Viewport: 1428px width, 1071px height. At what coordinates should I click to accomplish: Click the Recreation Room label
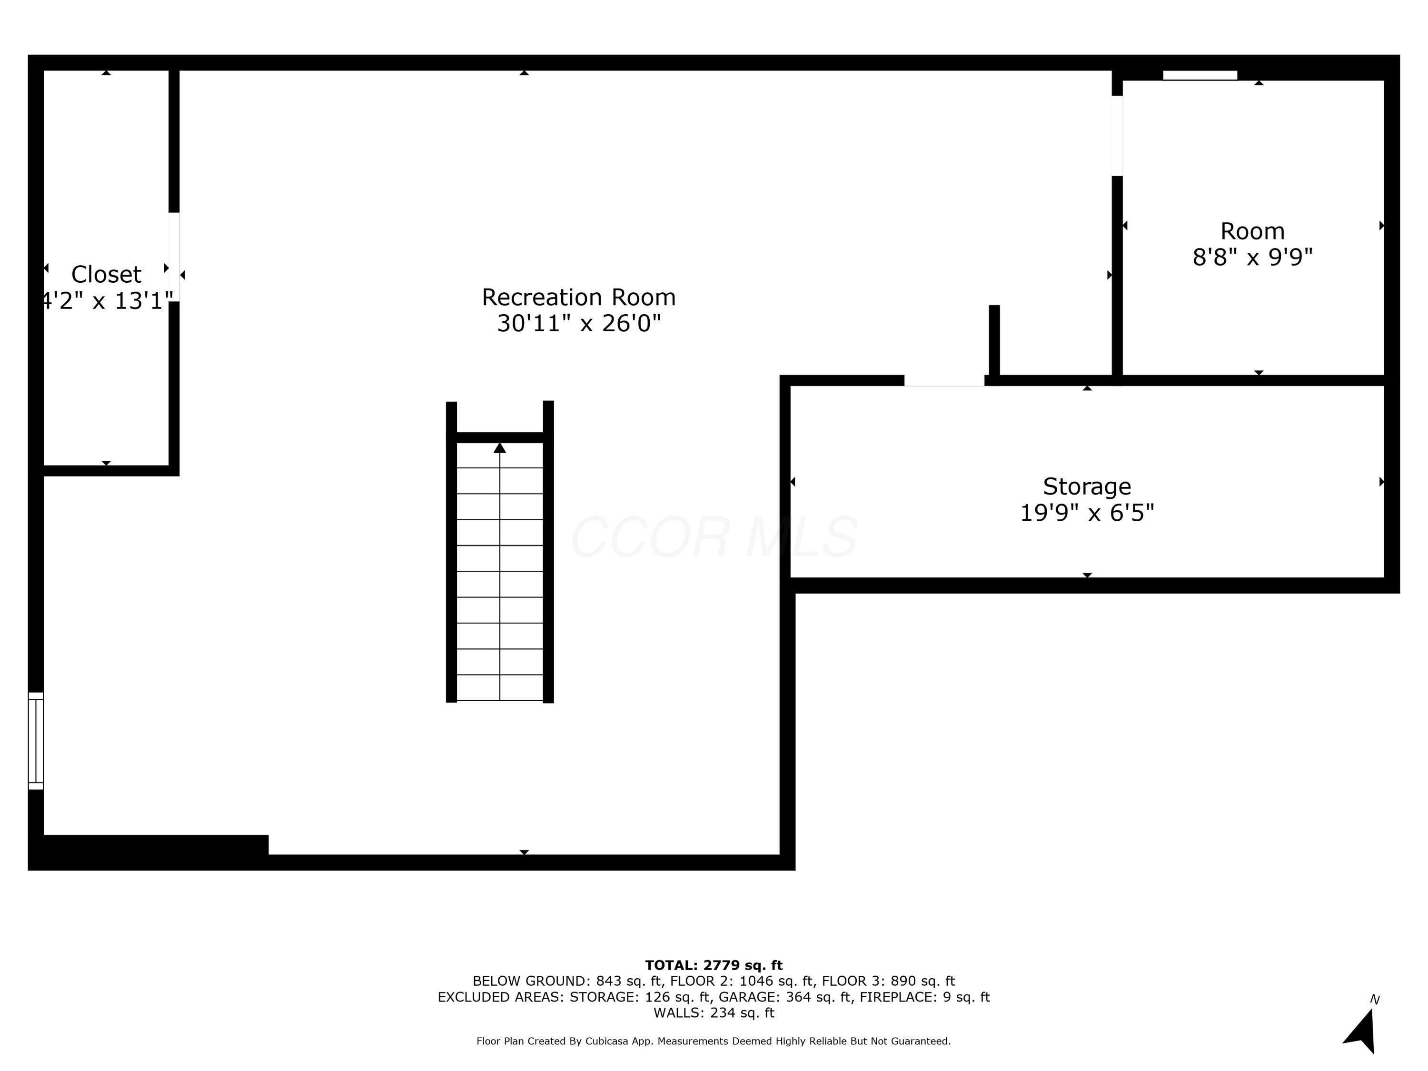[x=578, y=297]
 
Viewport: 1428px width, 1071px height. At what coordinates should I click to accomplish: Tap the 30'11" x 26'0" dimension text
[x=578, y=323]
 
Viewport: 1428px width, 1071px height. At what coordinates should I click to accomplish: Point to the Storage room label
[x=1087, y=486]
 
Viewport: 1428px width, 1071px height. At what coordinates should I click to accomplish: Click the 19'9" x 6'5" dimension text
[x=1087, y=513]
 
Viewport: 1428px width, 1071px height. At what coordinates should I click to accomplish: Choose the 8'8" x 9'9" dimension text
[x=1252, y=258]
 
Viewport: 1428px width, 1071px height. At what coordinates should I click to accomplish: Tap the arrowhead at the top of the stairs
[x=500, y=448]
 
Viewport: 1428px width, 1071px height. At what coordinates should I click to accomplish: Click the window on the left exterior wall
[x=36, y=741]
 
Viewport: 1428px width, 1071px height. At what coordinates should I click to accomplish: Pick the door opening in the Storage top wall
[x=944, y=381]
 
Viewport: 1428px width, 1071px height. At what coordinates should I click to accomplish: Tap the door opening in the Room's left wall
[x=1117, y=136]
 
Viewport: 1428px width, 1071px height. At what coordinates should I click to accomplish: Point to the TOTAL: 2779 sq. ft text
[x=714, y=965]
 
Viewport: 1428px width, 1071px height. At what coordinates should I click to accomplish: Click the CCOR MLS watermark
[x=714, y=537]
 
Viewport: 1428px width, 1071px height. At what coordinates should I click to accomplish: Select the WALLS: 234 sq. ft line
[x=714, y=1013]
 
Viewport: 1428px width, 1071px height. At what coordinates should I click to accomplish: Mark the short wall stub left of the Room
[x=994, y=340]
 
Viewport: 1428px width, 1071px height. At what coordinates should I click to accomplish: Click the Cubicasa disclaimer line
[x=714, y=1041]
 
